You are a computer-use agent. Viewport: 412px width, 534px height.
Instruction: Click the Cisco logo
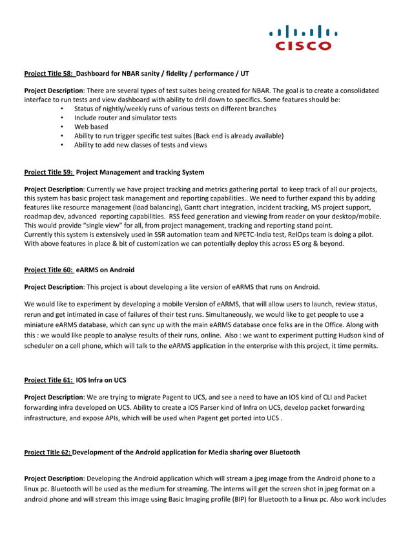(303, 38)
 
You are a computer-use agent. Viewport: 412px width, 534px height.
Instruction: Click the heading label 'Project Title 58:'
(49, 74)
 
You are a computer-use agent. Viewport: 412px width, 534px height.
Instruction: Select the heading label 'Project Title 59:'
(49, 173)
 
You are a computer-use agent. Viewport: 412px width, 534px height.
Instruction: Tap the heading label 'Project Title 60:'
(49, 270)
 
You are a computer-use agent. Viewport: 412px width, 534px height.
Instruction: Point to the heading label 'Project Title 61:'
(49, 380)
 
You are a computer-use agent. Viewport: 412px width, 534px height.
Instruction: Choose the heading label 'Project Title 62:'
(47, 451)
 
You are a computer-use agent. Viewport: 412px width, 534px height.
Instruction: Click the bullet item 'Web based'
(91, 127)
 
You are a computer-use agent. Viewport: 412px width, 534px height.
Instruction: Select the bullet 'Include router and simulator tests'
(125, 118)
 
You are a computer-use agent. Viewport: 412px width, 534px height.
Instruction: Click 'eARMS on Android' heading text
(105, 270)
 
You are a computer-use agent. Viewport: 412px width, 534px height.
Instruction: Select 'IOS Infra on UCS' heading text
(101, 380)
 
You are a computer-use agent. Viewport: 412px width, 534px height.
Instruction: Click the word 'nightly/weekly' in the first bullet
(128, 109)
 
